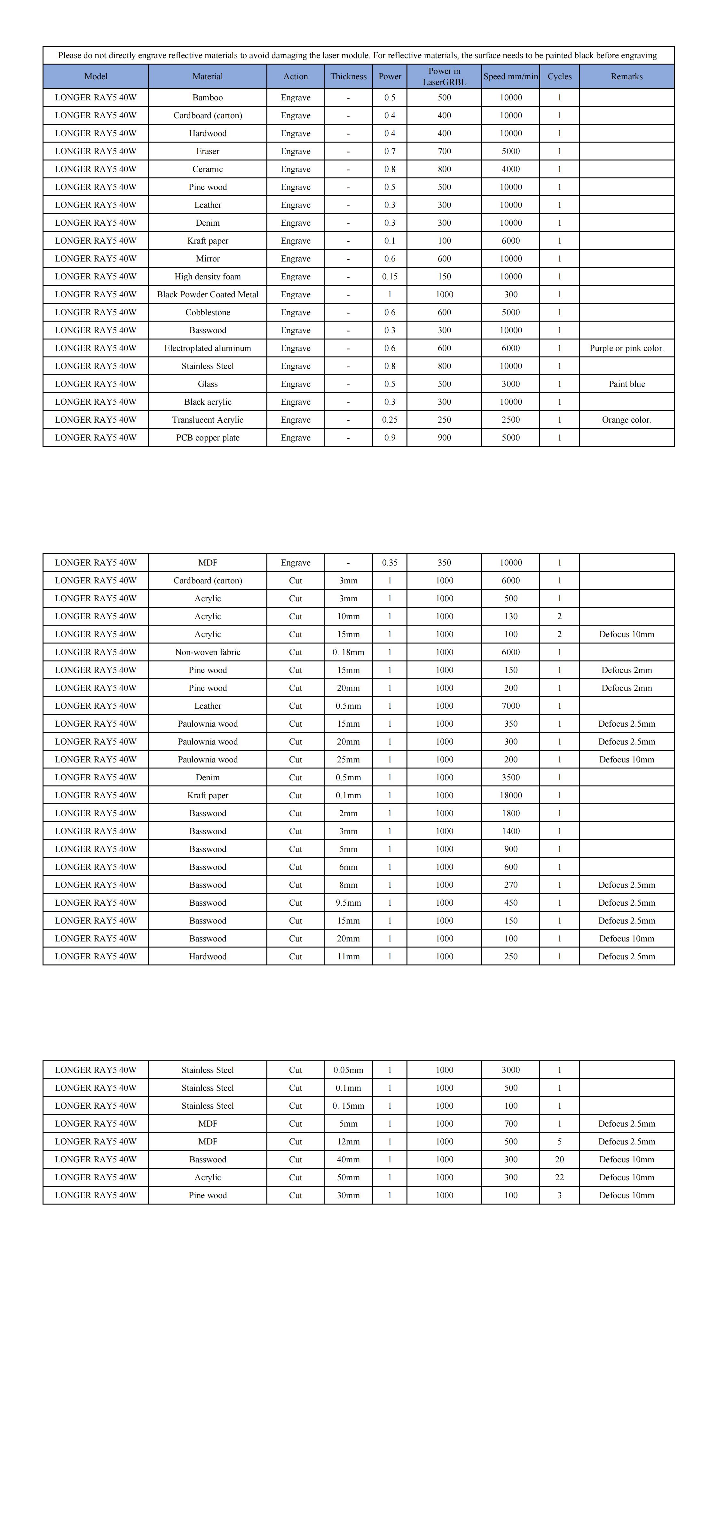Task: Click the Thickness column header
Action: tap(348, 76)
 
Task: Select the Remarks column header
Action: tap(627, 76)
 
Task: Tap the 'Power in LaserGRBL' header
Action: tap(444, 76)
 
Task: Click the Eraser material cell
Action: tap(208, 151)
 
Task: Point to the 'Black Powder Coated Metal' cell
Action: tap(208, 294)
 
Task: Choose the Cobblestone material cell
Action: tap(208, 312)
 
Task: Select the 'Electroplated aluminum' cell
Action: tap(208, 348)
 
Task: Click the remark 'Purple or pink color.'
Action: tap(627, 348)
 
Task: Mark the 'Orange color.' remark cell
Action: tap(627, 419)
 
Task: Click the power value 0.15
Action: tap(390, 277)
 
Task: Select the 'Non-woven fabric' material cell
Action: tap(208, 652)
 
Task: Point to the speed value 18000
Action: tap(510, 795)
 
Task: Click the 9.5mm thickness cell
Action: tap(348, 903)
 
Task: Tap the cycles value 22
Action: tap(559, 1177)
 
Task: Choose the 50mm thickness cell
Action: tap(348, 1177)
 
